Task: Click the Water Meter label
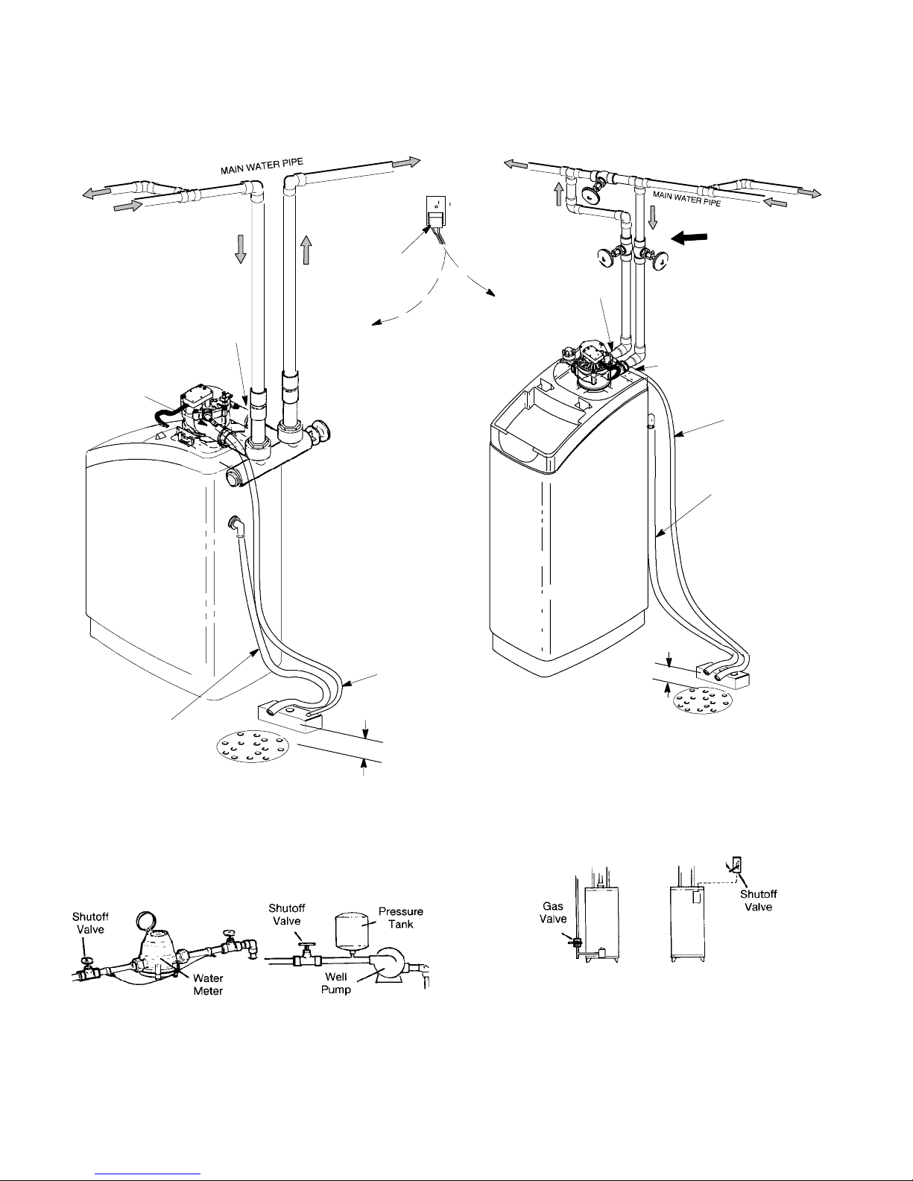pyautogui.click(x=208, y=984)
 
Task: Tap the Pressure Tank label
pyautogui.click(x=400, y=917)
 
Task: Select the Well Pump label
pyautogui.click(x=336, y=983)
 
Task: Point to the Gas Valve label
pyautogui.click(x=553, y=912)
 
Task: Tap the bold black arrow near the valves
pyautogui.click(x=689, y=237)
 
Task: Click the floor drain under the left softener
pyautogui.click(x=253, y=746)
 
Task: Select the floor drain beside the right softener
pyautogui.click(x=702, y=700)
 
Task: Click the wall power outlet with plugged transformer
pyautogui.click(x=436, y=211)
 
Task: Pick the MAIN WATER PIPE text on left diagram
pyautogui.click(x=262, y=166)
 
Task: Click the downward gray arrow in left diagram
pyautogui.click(x=240, y=250)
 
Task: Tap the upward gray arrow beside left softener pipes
pyautogui.click(x=306, y=250)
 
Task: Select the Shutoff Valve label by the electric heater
pyautogui.click(x=758, y=900)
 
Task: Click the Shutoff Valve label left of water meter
pyautogui.click(x=90, y=923)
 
